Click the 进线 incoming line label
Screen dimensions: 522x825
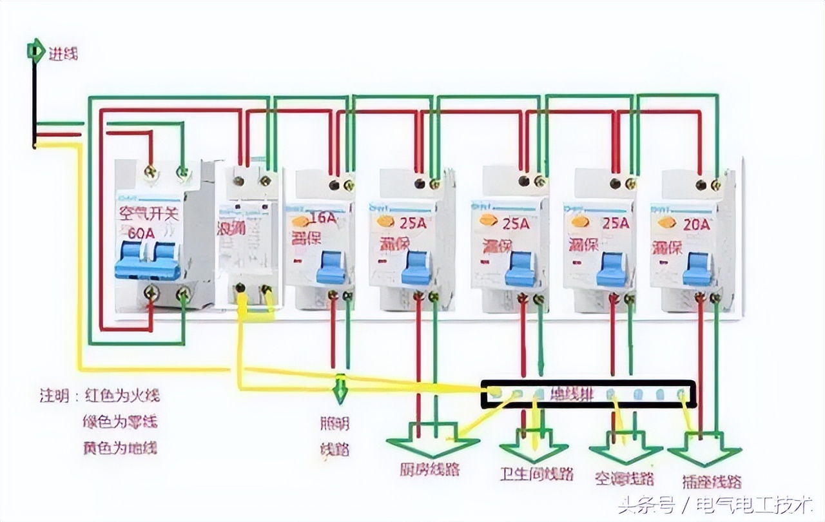tap(63, 53)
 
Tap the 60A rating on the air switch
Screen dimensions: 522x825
tap(141, 232)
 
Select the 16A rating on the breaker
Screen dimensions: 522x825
tap(322, 217)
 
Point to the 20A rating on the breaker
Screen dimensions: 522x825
tap(695, 224)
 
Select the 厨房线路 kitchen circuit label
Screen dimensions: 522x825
tap(429, 469)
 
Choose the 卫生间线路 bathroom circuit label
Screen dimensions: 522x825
tap(536, 474)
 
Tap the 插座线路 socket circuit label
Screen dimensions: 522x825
tap(711, 481)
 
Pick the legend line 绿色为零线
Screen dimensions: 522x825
tap(120, 422)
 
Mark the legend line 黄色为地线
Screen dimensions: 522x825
tap(120, 448)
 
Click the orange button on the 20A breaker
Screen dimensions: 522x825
tap(665, 223)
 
